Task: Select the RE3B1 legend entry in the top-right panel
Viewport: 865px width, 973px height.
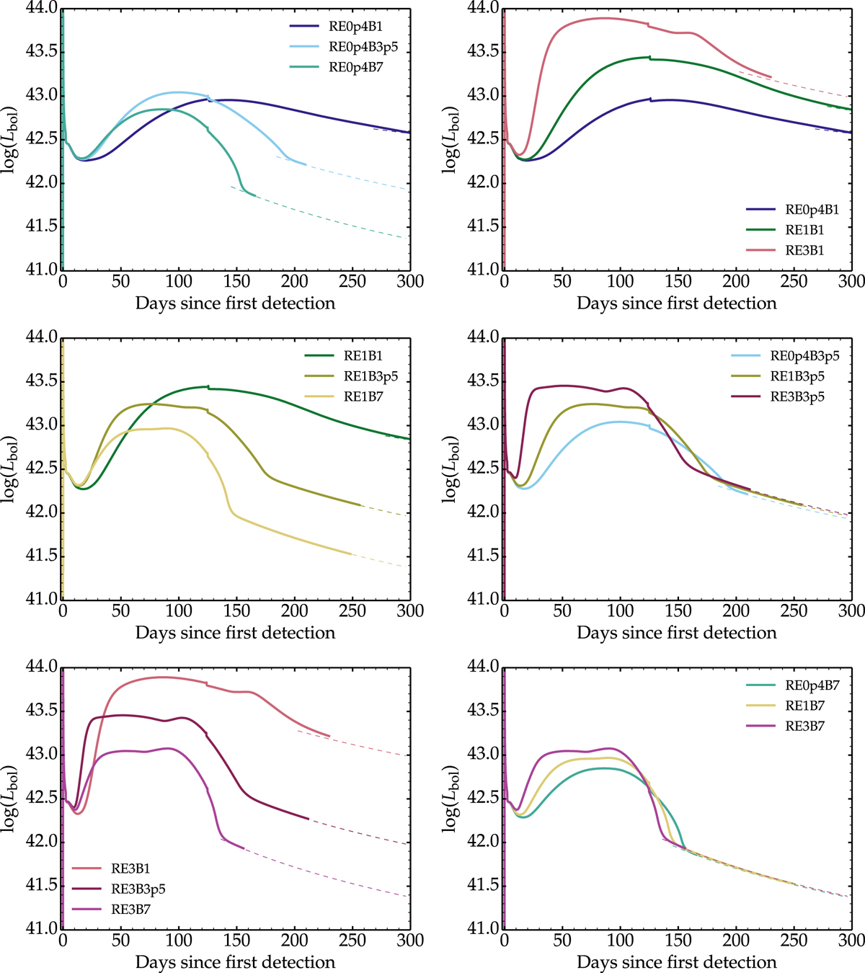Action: tap(804, 251)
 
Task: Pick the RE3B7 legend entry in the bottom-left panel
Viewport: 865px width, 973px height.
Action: tap(131, 910)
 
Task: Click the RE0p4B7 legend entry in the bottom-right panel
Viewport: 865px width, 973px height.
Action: tap(812, 685)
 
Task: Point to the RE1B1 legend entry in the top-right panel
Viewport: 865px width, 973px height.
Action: tap(804, 231)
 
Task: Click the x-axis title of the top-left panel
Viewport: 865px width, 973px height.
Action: tap(235, 303)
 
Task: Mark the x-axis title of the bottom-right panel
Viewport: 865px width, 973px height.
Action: tap(677, 962)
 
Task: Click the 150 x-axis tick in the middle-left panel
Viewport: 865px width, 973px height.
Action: tap(236, 611)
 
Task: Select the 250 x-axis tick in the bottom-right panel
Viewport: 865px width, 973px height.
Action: tap(794, 941)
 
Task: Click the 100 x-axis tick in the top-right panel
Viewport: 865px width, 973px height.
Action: tap(620, 282)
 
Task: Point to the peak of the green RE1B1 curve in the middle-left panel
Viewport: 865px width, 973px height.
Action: tap(207, 387)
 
